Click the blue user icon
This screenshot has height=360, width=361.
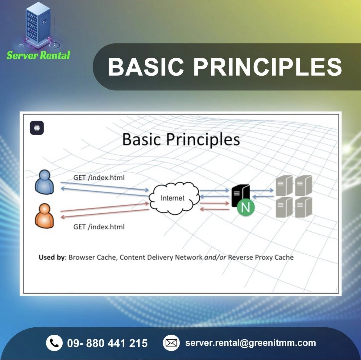click(x=44, y=182)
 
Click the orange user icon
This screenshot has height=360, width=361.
click(x=44, y=216)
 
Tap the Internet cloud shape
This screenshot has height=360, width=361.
click(x=174, y=198)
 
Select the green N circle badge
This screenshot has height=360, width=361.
click(x=245, y=207)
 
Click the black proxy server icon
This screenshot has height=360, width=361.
click(x=240, y=195)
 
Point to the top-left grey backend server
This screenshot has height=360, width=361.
click(x=284, y=186)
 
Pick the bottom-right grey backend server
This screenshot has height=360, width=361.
click(x=303, y=207)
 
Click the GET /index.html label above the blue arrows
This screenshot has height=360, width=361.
click(x=99, y=178)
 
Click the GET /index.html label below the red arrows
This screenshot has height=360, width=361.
click(x=99, y=227)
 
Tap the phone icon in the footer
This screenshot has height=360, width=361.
click(x=54, y=343)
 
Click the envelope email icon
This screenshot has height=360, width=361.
click(x=171, y=343)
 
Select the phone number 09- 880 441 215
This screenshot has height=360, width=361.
click(x=107, y=343)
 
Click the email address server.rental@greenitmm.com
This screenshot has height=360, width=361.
click(x=251, y=343)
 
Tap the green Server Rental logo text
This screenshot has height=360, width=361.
click(x=38, y=55)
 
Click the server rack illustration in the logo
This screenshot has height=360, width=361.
click(x=38, y=24)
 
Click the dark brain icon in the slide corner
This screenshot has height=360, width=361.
click(x=37, y=128)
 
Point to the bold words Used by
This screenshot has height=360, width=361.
click(x=51, y=257)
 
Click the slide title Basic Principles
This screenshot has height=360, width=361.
click(x=181, y=140)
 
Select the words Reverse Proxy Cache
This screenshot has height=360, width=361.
click(x=261, y=257)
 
